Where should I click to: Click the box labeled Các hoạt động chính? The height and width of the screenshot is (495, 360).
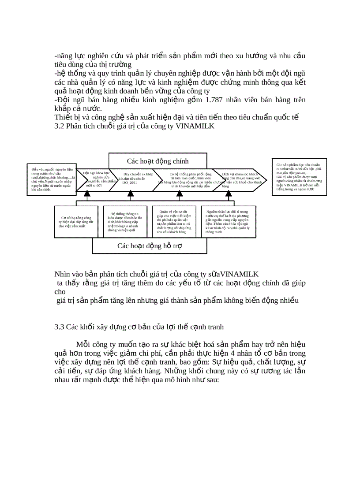coord(157,161)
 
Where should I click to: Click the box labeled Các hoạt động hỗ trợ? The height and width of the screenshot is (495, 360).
coord(149,246)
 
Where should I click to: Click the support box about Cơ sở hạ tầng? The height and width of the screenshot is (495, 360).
coord(76,222)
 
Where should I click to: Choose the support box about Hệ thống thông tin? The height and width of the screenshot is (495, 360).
coord(125,222)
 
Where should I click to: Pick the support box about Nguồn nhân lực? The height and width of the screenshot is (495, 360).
coord(228,222)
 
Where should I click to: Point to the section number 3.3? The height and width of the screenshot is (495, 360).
coord(59,327)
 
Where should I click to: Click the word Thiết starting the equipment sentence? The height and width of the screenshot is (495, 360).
coord(63,117)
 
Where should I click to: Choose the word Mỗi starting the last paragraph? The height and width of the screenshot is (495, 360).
coord(83,344)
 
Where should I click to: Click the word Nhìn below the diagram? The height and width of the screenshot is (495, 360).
coord(64,274)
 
